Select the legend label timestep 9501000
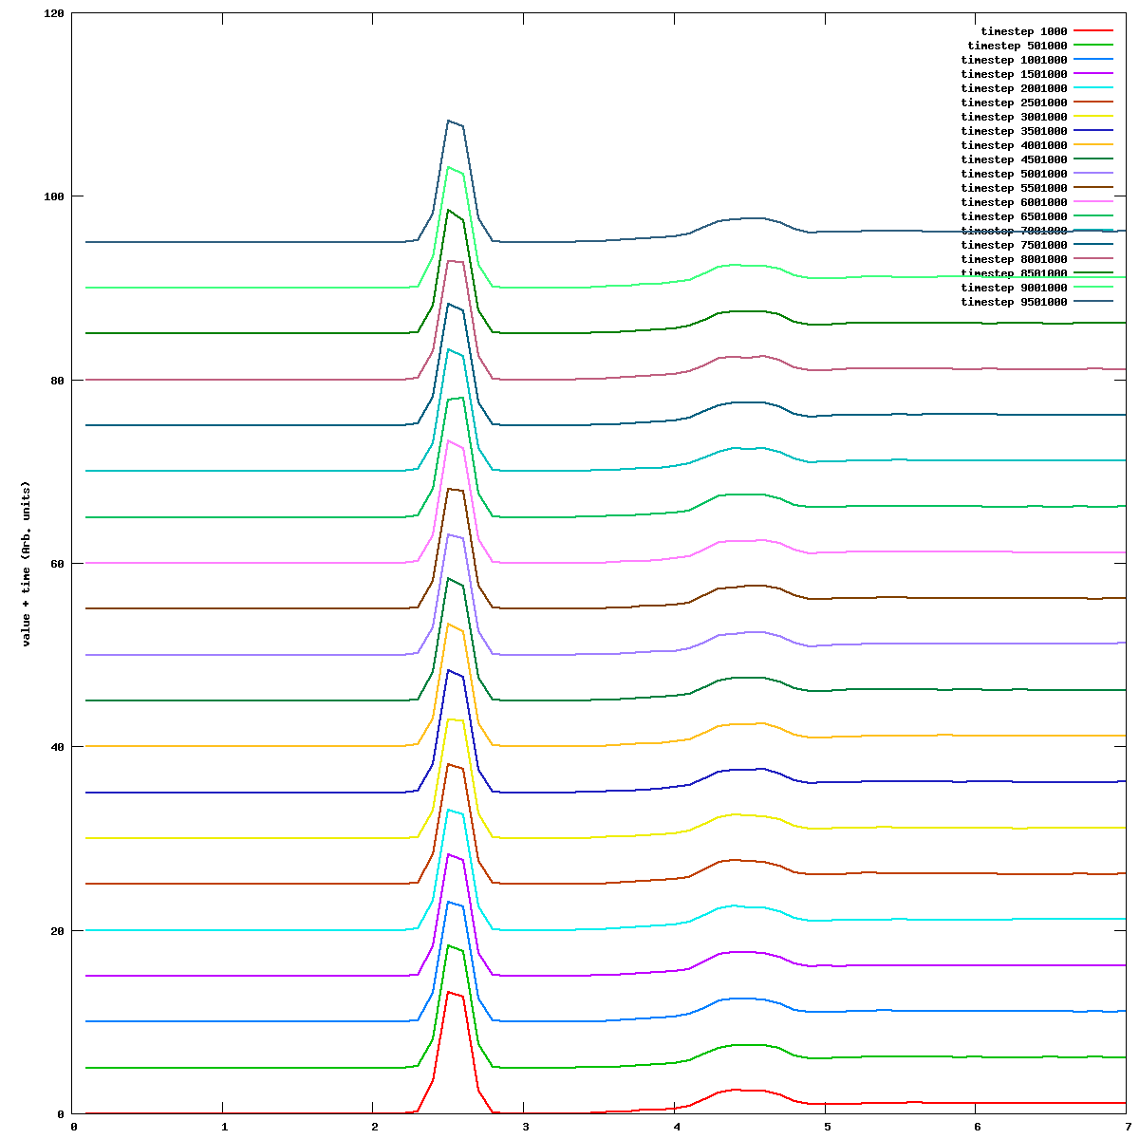[1014, 302]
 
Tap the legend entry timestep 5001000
[1014, 174]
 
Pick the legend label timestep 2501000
[1014, 103]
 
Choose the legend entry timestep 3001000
[1014, 117]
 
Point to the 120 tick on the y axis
[53, 14]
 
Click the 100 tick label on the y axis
[53, 196]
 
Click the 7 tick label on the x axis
[1127, 1128]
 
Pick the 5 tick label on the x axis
[826, 1128]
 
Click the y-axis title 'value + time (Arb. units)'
[27, 564]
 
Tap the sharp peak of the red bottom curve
[449, 992]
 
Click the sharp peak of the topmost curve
[449, 121]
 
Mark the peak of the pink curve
[449, 440]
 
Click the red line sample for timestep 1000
[1093, 31]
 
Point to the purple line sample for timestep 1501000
[1093, 74]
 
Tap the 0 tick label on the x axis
[73, 1128]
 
